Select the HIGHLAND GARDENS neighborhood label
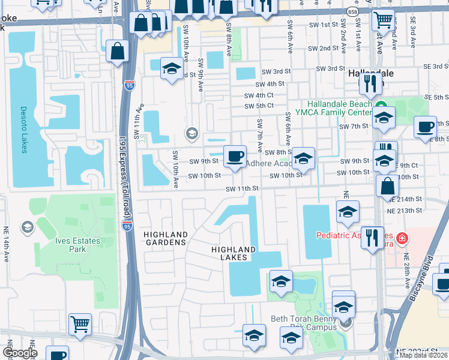[x=165, y=238]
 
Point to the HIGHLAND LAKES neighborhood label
[x=234, y=253]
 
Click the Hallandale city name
[x=372, y=73]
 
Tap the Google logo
[x=20, y=353]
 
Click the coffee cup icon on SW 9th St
[x=235, y=157]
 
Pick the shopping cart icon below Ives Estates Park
[x=80, y=324]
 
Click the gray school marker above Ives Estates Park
[x=27, y=227]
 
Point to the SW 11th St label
[x=242, y=188]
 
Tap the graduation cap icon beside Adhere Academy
[x=304, y=159]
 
